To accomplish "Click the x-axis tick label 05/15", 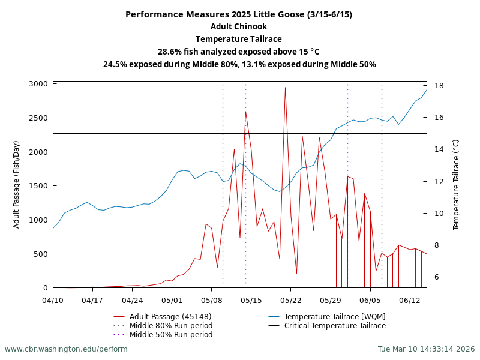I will [x=251, y=299].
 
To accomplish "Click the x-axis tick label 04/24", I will [x=132, y=299].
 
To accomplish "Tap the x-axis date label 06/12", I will [x=409, y=299].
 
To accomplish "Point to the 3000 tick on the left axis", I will [x=38, y=84].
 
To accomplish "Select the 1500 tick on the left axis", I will [x=38, y=186].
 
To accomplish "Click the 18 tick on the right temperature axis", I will [x=439, y=86].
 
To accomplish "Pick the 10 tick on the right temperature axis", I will [x=439, y=214].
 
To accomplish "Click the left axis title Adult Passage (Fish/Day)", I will [x=17, y=184].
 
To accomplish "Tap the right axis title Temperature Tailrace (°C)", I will [x=456, y=184].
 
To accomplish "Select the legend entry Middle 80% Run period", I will [x=171, y=326].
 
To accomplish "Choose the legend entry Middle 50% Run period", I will [x=171, y=335].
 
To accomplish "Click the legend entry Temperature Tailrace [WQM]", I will [x=335, y=317].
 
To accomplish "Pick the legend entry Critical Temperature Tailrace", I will [x=335, y=326].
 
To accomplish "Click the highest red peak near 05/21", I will [x=285, y=88].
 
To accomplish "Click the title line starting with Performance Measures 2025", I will [x=239, y=14].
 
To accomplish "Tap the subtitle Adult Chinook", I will [x=239, y=27].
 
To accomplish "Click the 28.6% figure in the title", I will [x=170, y=52].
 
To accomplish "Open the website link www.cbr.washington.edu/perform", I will [x=66, y=349].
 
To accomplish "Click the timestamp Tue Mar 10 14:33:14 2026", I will [x=426, y=349].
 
